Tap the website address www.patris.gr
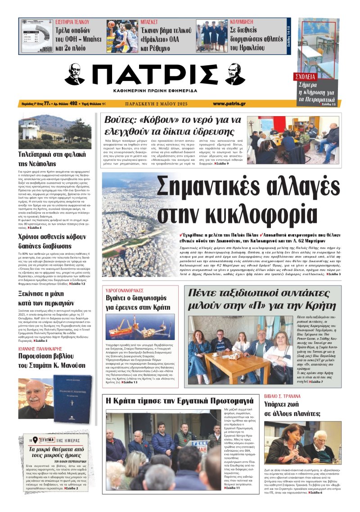(229, 104)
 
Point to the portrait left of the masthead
(75, 74)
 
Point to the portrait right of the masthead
(235, 74)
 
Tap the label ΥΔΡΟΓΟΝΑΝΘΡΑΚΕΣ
(124, 291)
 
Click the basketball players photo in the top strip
(122, 36)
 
